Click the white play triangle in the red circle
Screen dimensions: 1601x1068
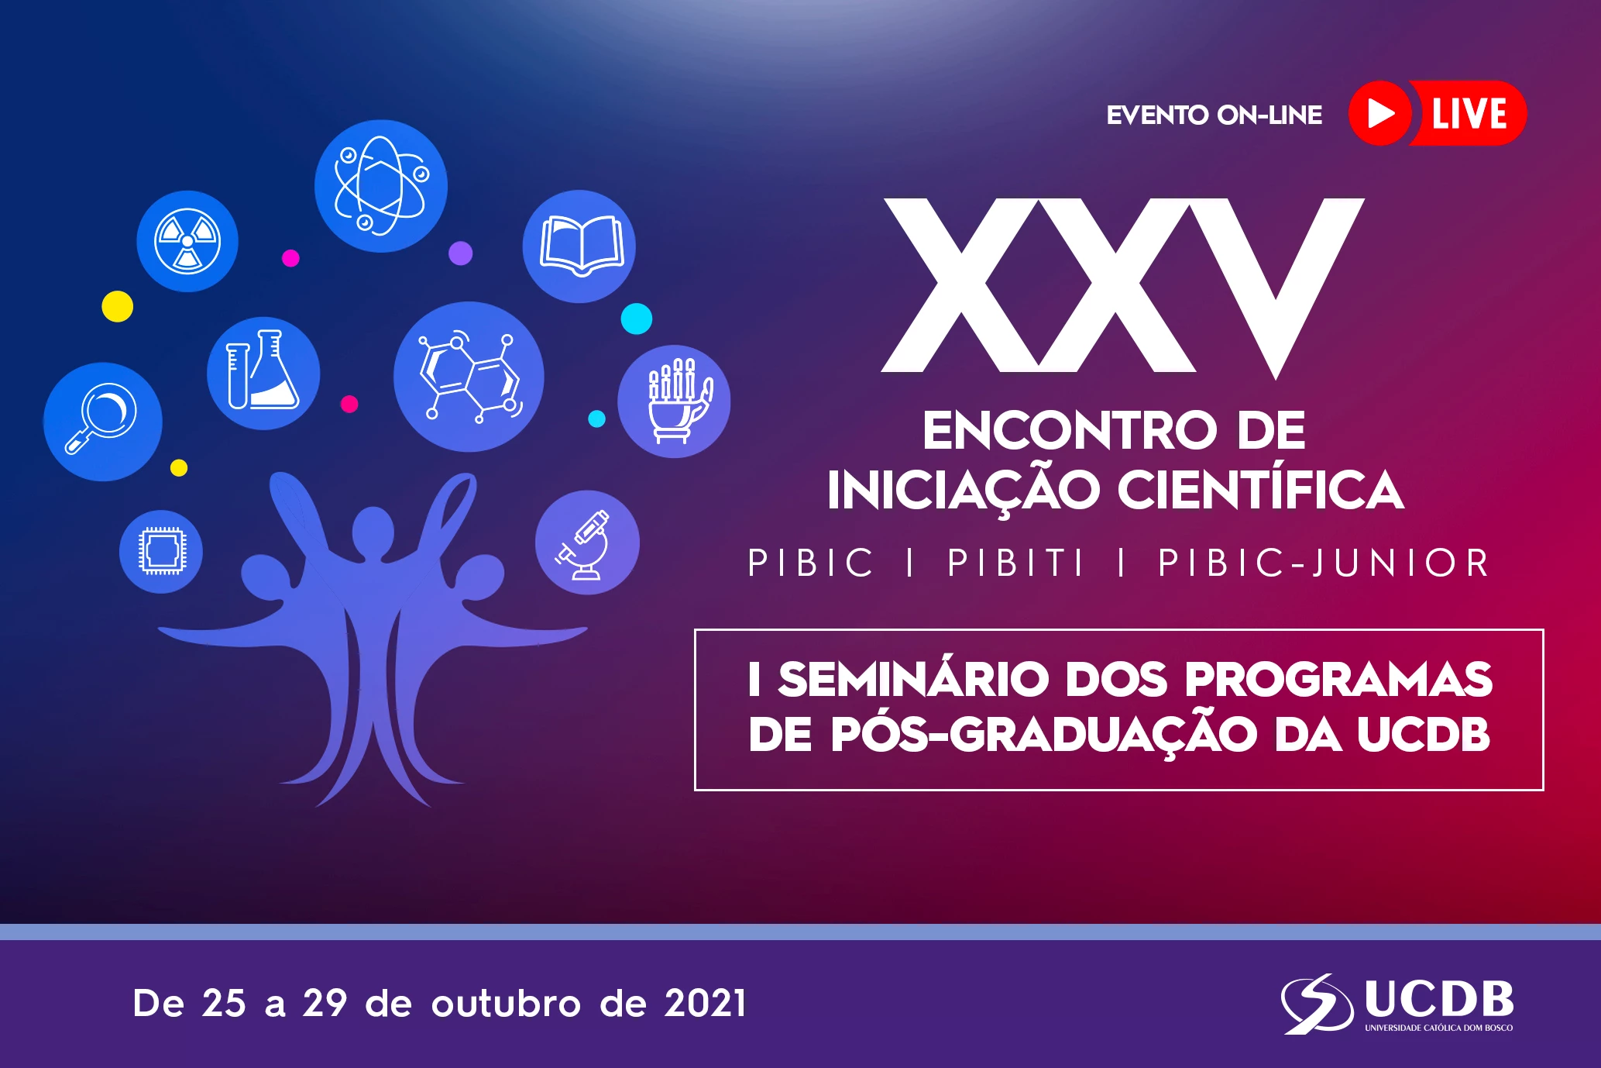(1380, 113)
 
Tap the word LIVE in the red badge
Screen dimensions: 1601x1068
(1469, 113)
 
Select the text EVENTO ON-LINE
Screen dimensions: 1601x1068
(1214, 115)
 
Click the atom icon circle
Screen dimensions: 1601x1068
(380, 186)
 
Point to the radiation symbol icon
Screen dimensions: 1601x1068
(187, 241)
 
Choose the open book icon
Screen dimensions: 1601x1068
(579, 246)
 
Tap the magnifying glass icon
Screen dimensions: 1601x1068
(103, 422)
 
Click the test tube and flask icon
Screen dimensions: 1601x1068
(263, 373)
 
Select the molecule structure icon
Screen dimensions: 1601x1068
(469, 377)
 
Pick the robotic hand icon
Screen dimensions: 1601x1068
(674, 401)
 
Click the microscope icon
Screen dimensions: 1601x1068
(587, 543)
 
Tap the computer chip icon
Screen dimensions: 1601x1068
(161, 552)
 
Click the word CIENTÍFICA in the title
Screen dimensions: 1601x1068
(1260, 490)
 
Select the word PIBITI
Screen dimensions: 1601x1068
(1015, 563)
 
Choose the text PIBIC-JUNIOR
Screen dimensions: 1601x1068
(1323, 563)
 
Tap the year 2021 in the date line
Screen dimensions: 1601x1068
(705, 1003)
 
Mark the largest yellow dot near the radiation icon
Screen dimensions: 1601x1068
(118, 306)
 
